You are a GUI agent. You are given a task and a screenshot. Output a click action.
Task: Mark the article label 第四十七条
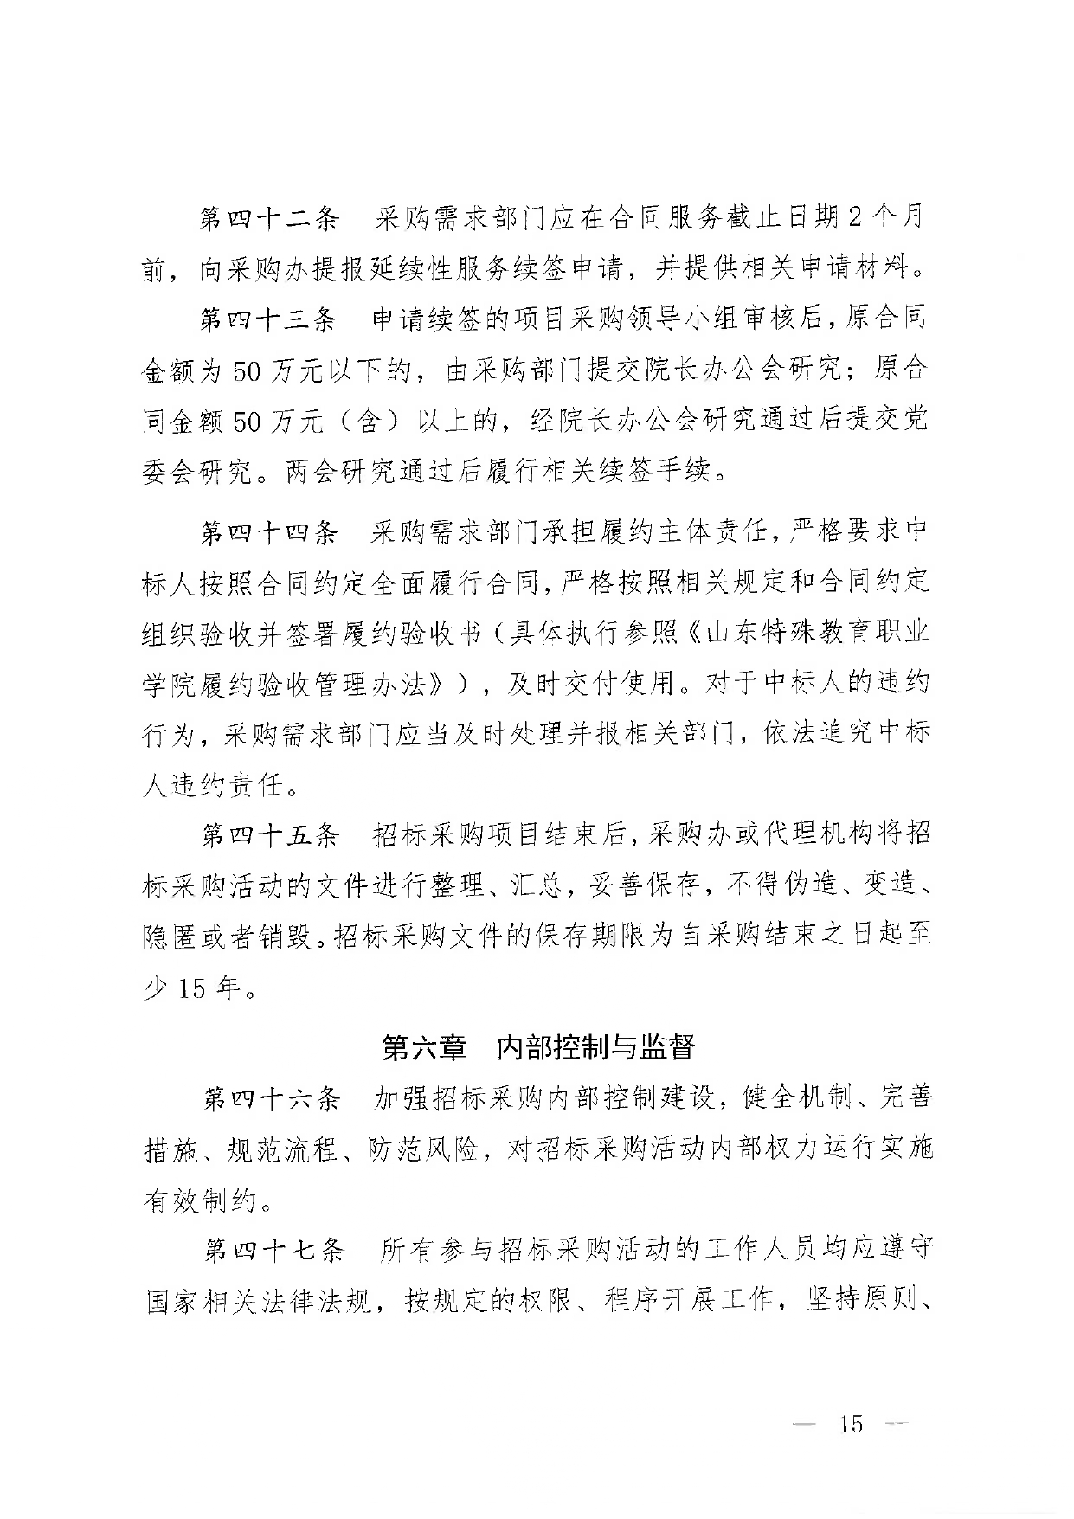(272, 1251)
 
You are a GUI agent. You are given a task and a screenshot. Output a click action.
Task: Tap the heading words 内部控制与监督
(596, 1048)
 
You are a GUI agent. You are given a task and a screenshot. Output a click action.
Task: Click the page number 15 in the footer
(851, 1425)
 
